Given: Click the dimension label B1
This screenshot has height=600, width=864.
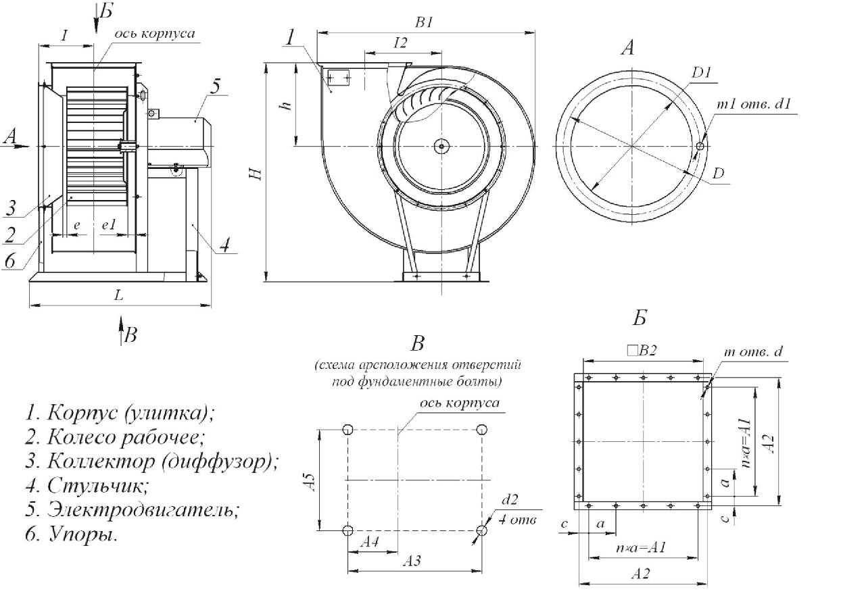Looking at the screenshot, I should (x=425, y=22).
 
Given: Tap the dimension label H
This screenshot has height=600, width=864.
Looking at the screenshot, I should (x=255, y=173).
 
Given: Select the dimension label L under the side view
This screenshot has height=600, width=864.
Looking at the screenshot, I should (x=119, y=296).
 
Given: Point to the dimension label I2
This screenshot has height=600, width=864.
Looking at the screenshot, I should (x=399, y=43).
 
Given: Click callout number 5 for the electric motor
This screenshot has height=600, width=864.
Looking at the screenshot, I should (x=214, y=86).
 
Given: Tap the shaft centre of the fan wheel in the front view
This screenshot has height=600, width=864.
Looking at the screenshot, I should (x=441, y=145).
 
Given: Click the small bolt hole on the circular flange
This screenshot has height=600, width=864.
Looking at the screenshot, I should (x=700, y=146).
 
